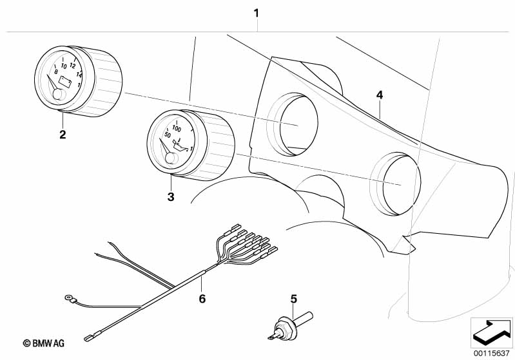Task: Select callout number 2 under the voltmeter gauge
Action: click(63, 135)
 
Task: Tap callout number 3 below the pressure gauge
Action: click(171, 197)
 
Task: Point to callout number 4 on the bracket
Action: click(380, 95)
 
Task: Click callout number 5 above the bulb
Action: click(294, 299)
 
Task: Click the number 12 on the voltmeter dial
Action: click(73, 66)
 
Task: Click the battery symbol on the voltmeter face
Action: click(66, 81)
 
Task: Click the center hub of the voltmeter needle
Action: click(57, 95)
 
